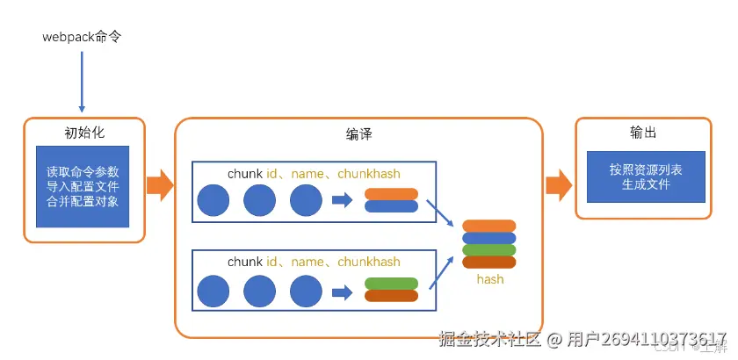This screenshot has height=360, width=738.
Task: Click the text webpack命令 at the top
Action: click(81, 38)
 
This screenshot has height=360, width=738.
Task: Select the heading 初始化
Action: click(84, 133)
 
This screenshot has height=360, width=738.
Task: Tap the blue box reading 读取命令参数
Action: click(83, 186)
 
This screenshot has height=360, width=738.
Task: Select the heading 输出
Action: click(643, 133)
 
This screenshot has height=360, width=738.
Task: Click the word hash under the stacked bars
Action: click(489, 279)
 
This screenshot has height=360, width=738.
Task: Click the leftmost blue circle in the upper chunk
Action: click(213, 201)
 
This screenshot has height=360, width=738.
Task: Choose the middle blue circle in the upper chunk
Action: click(259, 201)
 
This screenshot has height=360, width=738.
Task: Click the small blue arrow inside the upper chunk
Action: click(342, 201)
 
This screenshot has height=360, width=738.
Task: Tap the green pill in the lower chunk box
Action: click(391, 284)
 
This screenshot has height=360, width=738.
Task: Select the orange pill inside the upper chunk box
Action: click(391, 194)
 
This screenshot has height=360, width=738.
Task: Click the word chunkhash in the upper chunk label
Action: click(367, 173)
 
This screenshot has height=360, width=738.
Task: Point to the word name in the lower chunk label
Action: click(307, 262)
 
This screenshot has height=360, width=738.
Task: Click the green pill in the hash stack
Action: click(489, 249)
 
